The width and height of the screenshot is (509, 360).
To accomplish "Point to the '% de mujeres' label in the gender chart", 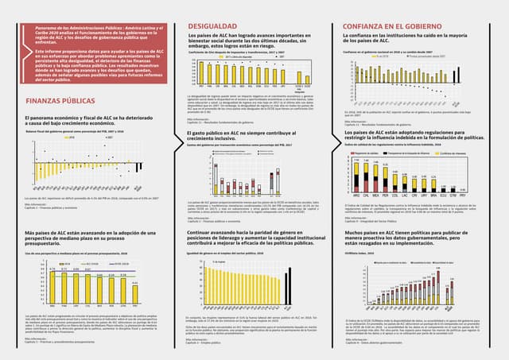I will [x=212, y=260].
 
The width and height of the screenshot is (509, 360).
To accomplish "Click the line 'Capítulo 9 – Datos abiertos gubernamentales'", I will [x=385, y=341].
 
